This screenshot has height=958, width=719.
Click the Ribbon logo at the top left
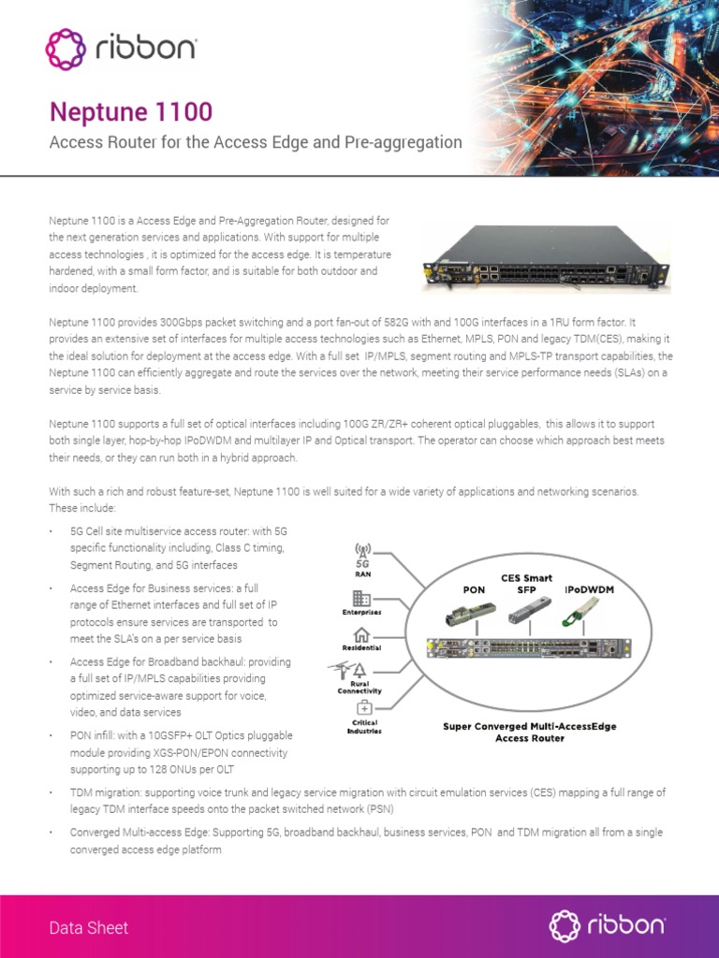[x=121, y=49]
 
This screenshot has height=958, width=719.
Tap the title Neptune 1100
[x=130, y=112]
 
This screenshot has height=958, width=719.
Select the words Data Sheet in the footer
[x=89, y=928]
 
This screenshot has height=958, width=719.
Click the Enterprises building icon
[x=361, y=598]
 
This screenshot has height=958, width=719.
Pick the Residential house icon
[x=361, y=635]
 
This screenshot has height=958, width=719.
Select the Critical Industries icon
[x=363, y=708]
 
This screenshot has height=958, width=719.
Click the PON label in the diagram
[x=474, y=590]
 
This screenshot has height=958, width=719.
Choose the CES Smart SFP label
[x=527, y=584]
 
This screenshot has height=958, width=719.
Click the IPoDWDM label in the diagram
[x=589, y=590]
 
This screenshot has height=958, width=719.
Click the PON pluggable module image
[x=468, y=614]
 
